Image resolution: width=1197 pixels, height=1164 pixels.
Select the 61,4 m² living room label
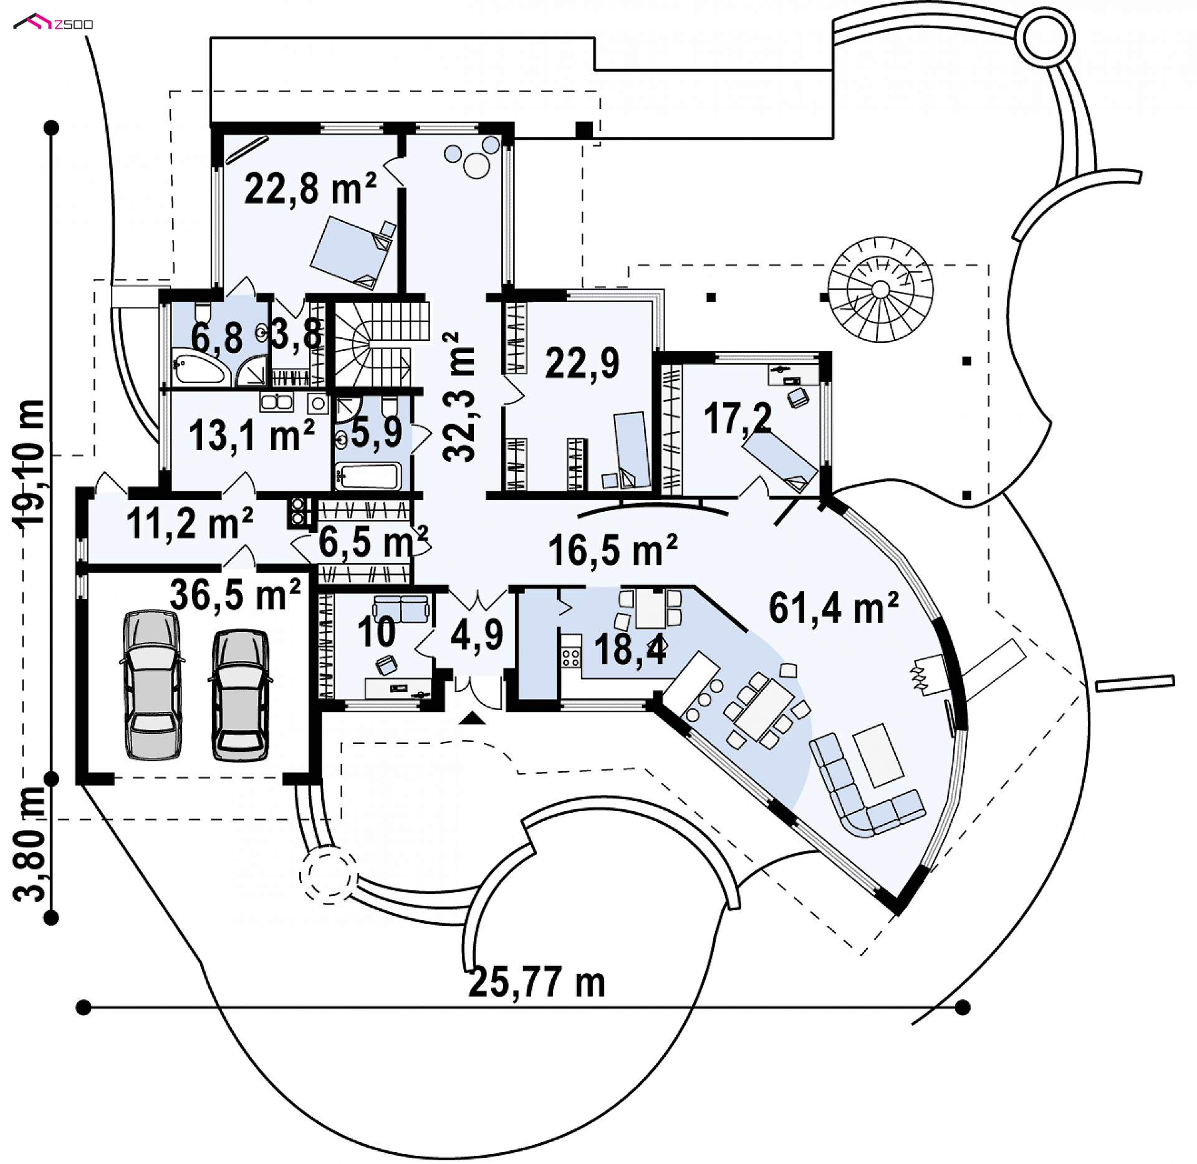pos(834,607)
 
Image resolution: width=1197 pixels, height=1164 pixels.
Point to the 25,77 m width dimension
pos(537,983)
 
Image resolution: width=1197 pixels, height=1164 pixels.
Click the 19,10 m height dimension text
pos(29,463)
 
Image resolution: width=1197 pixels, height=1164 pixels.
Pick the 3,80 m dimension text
pos(29,844)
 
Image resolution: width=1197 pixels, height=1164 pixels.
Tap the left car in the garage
pos(152,685)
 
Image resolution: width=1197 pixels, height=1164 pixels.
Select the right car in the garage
pos(241,695)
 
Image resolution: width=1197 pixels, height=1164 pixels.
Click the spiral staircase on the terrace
pos(880,289)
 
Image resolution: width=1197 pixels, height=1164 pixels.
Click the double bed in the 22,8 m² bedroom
pos(353,253)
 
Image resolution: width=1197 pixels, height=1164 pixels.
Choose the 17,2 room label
pos(738,418)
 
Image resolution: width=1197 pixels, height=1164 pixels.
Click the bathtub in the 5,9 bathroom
pos(367,476)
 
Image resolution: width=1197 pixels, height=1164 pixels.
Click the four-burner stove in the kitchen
pos(570,657)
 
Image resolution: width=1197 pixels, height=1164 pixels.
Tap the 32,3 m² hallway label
pos(459,397)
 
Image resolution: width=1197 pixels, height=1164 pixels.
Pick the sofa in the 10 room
pos(401,608)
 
